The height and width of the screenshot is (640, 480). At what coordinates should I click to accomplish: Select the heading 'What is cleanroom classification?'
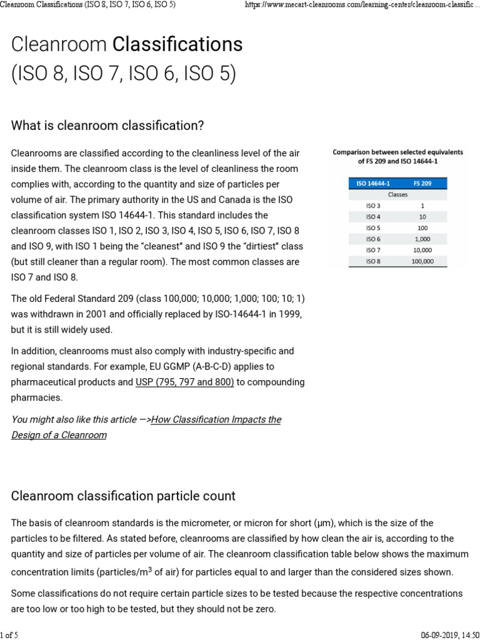click(107, 126)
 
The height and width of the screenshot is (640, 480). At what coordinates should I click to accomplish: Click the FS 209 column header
click(422, 183)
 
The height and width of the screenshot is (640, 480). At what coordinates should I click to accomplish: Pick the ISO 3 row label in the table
click(372, 205)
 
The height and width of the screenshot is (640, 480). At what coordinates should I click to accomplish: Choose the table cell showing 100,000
click(422, 261)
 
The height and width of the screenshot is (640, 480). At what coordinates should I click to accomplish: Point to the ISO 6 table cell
click(372, 239)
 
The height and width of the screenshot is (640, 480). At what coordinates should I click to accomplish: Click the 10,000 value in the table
click(422, 250)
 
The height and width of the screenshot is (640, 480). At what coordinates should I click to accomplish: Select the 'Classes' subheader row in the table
click(397, 194)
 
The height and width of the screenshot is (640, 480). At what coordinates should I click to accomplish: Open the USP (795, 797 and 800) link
click(185, 382)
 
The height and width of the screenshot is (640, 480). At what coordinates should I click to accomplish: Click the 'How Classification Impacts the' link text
click(216, 419)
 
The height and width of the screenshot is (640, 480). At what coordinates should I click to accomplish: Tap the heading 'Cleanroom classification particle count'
click(123, 496)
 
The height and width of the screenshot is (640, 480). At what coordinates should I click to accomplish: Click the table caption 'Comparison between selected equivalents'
click(397, 152)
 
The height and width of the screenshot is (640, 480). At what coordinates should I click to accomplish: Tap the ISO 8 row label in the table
click(372, 261)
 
